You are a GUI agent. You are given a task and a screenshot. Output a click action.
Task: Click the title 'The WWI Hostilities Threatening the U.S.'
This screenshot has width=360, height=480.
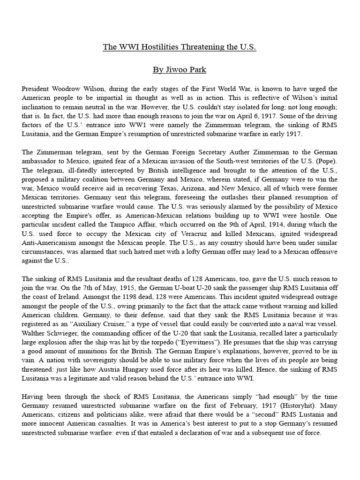point(180,47)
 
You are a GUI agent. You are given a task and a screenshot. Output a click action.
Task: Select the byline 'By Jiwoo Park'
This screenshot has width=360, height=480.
point(180,70)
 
